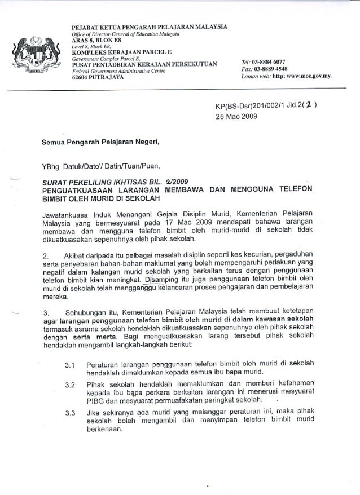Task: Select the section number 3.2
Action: tap(71, 386)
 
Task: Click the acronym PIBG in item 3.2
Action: tap(95, 401)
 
